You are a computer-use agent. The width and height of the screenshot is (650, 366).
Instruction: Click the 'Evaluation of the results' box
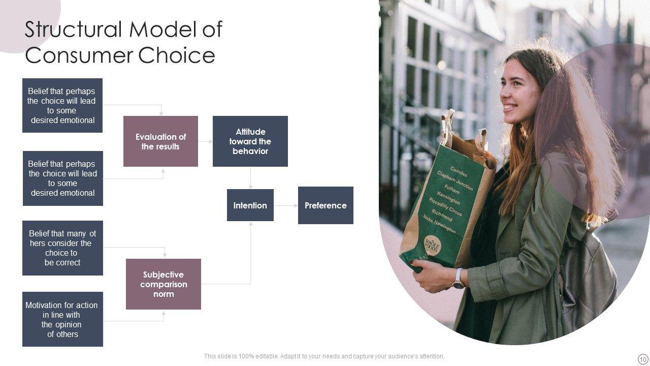(160, 141)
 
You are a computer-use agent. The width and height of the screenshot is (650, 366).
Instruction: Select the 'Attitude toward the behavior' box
(250, 141)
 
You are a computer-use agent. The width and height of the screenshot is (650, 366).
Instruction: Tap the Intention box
(250, 205)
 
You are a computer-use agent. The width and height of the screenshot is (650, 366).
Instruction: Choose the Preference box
(326, 205)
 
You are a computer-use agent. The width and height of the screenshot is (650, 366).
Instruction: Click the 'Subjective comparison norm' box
(163, 284)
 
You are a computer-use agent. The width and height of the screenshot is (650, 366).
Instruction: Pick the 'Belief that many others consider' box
(62, 248)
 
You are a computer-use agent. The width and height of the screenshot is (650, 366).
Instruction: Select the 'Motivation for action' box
(62, 319)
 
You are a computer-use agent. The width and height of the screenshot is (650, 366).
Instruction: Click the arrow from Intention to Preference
(286, 205)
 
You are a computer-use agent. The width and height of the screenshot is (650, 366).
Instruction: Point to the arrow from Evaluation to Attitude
(205, 141)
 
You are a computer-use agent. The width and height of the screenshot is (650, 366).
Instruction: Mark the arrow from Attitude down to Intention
(250, 178)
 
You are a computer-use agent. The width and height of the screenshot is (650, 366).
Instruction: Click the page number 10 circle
(643, 359)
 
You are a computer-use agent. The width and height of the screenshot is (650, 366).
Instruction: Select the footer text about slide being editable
(324, 356)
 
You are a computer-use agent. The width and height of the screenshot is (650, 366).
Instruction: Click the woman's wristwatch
(459, 279)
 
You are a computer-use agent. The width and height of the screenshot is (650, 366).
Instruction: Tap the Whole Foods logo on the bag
(432, 246)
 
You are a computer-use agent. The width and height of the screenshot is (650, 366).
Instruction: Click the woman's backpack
(589, 274)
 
